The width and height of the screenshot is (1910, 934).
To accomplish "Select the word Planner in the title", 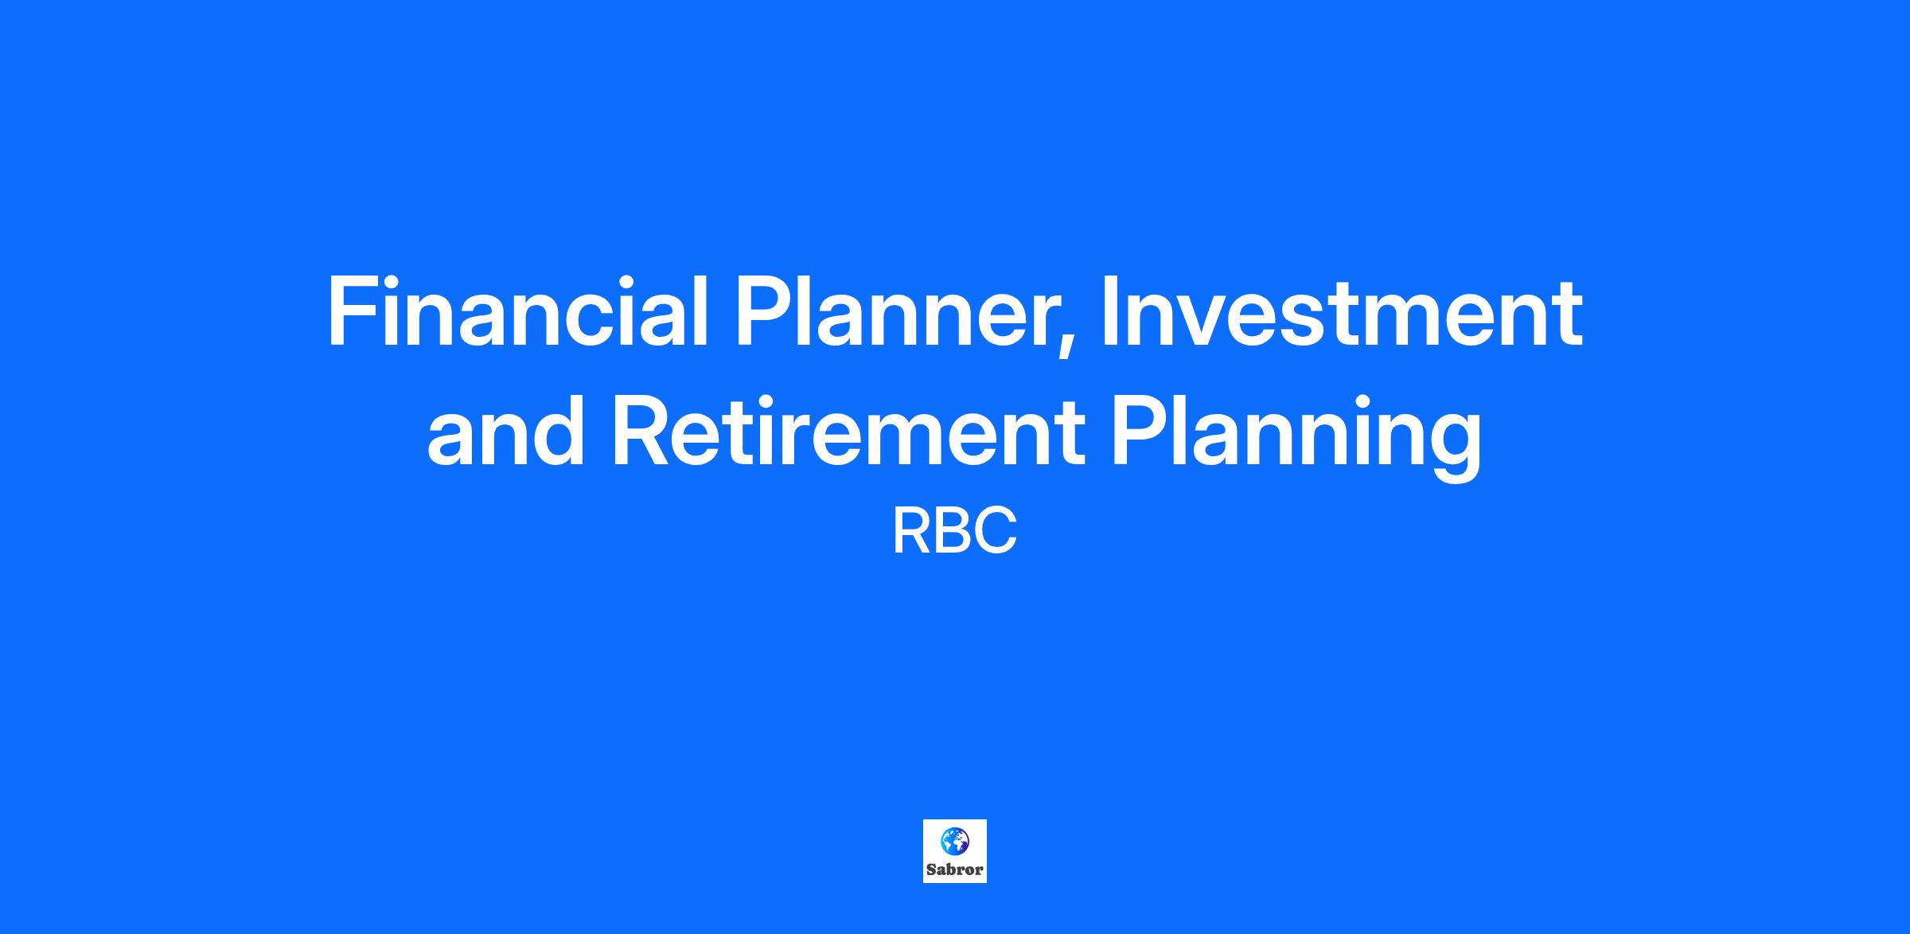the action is click(898, 312).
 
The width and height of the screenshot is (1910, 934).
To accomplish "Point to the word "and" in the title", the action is click(500, 431).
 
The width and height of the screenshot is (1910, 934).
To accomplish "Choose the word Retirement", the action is click(848, 431).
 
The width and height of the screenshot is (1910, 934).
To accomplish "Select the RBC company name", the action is click(954, 532).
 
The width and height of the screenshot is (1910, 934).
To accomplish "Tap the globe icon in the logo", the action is click(954, 840).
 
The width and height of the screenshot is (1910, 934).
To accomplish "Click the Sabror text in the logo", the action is click(955, 870).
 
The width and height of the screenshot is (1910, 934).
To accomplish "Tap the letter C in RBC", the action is click(996, 532).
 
